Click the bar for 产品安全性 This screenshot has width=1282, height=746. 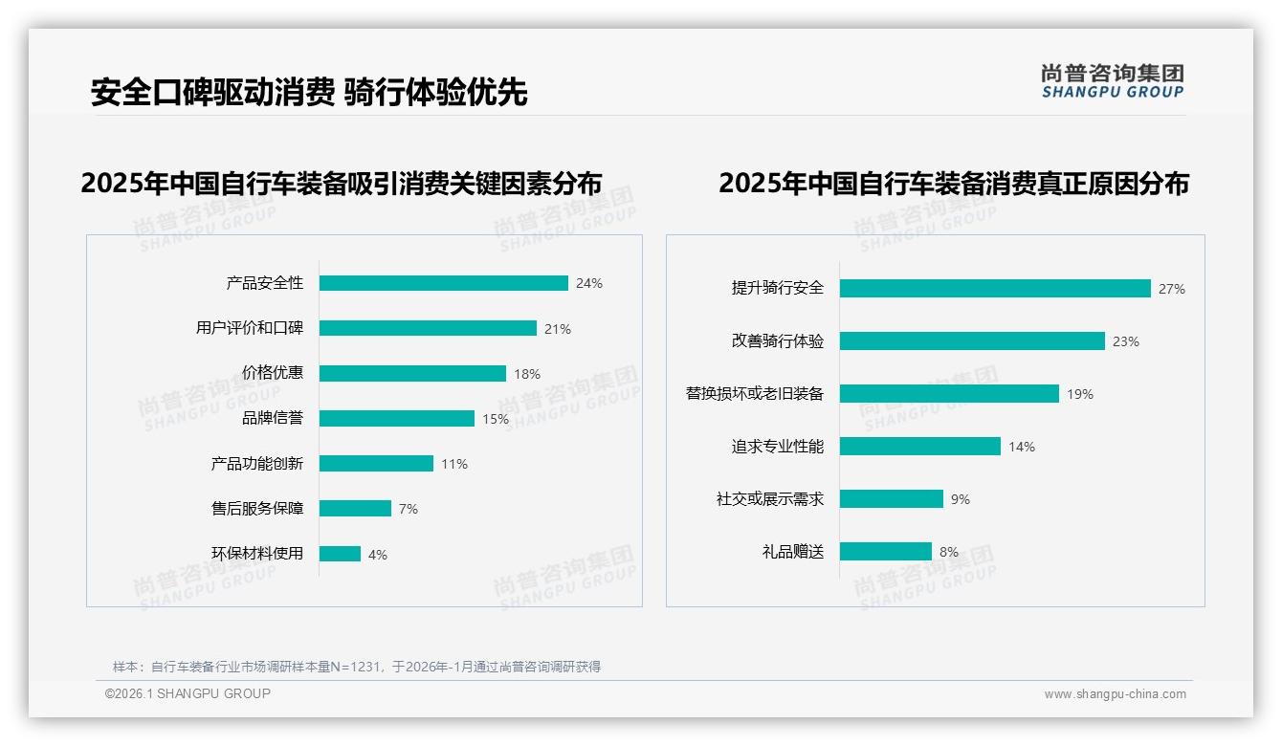click(443, 283)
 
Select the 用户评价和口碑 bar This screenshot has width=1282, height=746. click(428, 328)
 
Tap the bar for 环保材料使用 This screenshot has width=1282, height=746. click(340, 554)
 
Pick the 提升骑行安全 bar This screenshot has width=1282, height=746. click(995, 288)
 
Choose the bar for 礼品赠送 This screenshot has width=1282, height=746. click(885, 552)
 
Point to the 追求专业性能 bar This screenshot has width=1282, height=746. click(919, 447)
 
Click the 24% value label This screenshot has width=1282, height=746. click(589, 283)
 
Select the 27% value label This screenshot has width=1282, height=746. click(1172, 289)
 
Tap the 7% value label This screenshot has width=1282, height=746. click(409, 509)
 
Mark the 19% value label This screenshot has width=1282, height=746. click(1080, 394)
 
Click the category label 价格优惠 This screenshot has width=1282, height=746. click(273, 373)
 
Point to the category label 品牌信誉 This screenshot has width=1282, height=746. click(273, 418)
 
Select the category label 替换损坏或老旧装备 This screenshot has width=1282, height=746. click(755, 393)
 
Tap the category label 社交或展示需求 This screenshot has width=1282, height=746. click(770, 499)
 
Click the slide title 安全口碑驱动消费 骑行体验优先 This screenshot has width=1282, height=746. click(309, 93)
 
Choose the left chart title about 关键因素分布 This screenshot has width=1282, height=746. click(342, 184)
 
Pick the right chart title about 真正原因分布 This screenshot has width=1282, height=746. click(954, 184)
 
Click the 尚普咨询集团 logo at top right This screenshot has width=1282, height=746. click(1113, 80)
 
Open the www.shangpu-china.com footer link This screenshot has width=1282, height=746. click(1115, 694)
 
